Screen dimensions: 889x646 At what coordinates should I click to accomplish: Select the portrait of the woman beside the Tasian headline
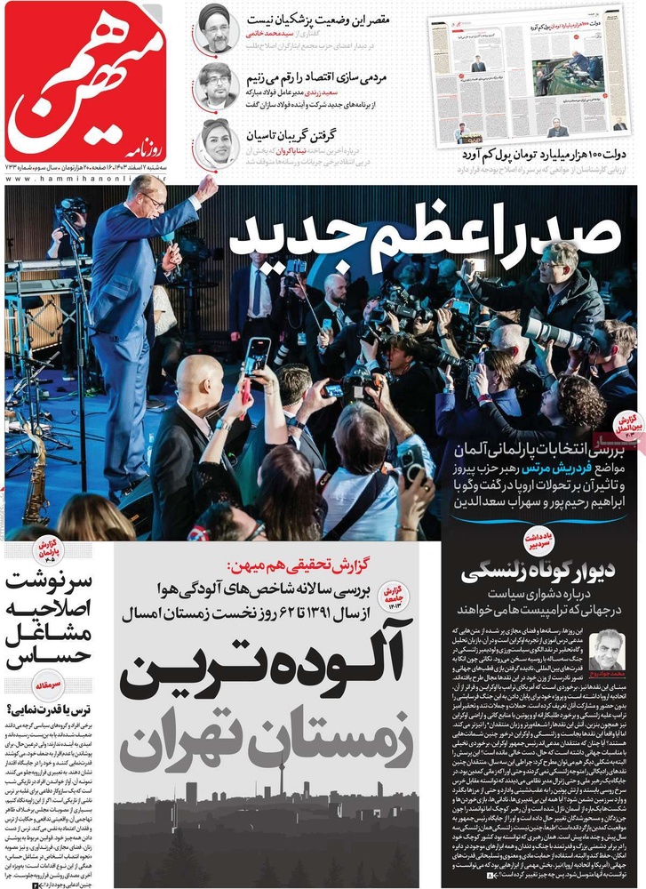(x=216, y=141)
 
